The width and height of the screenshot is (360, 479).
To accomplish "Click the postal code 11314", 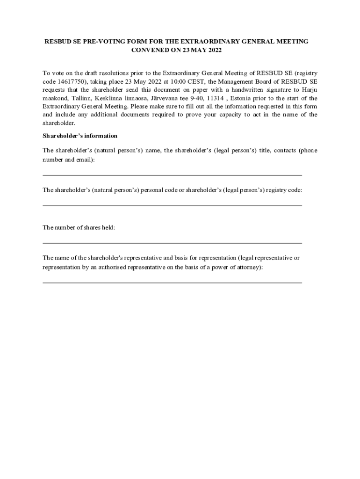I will click(x=216, y=98).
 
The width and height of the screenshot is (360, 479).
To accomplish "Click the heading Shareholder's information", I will click(x=80, y=136).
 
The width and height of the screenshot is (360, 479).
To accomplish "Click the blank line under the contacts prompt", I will click(x=172, y=175).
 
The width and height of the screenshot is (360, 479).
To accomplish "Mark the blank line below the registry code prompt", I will click(x=172, y=205).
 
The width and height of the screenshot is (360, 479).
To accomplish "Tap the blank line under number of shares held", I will click(x=172, y=243).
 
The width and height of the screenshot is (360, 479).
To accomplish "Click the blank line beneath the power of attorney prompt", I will click(x=172, y=283).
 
